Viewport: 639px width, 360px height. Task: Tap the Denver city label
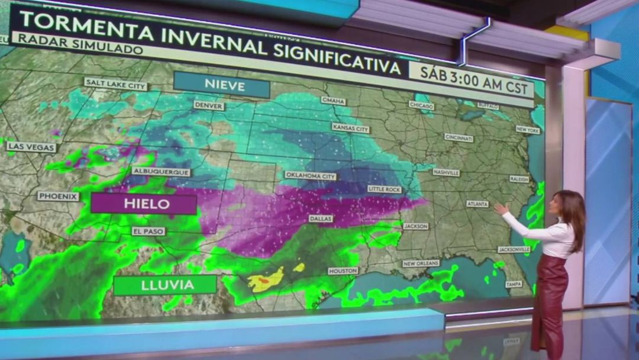[209, 105]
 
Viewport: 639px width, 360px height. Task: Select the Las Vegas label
[32, 147]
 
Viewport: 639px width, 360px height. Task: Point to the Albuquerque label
[161, 172]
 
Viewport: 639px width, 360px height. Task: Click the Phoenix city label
[58, 196]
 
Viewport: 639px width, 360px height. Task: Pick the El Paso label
[149, 231]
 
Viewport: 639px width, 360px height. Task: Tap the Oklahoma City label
[310, 176]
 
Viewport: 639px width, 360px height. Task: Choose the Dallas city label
[321, 218]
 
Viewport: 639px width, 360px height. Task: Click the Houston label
[343, 271]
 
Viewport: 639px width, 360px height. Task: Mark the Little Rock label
[384, 189]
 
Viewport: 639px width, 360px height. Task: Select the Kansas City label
[350, 127]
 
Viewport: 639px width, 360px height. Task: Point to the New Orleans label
[421, 263]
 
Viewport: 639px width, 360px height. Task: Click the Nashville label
[446, 172]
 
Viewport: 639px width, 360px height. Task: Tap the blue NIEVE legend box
[222, 85]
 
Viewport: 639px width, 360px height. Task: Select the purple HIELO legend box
[143, 204]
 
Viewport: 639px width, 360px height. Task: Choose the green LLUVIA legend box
[165, 285]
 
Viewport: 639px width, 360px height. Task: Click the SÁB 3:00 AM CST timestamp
[472, 78]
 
